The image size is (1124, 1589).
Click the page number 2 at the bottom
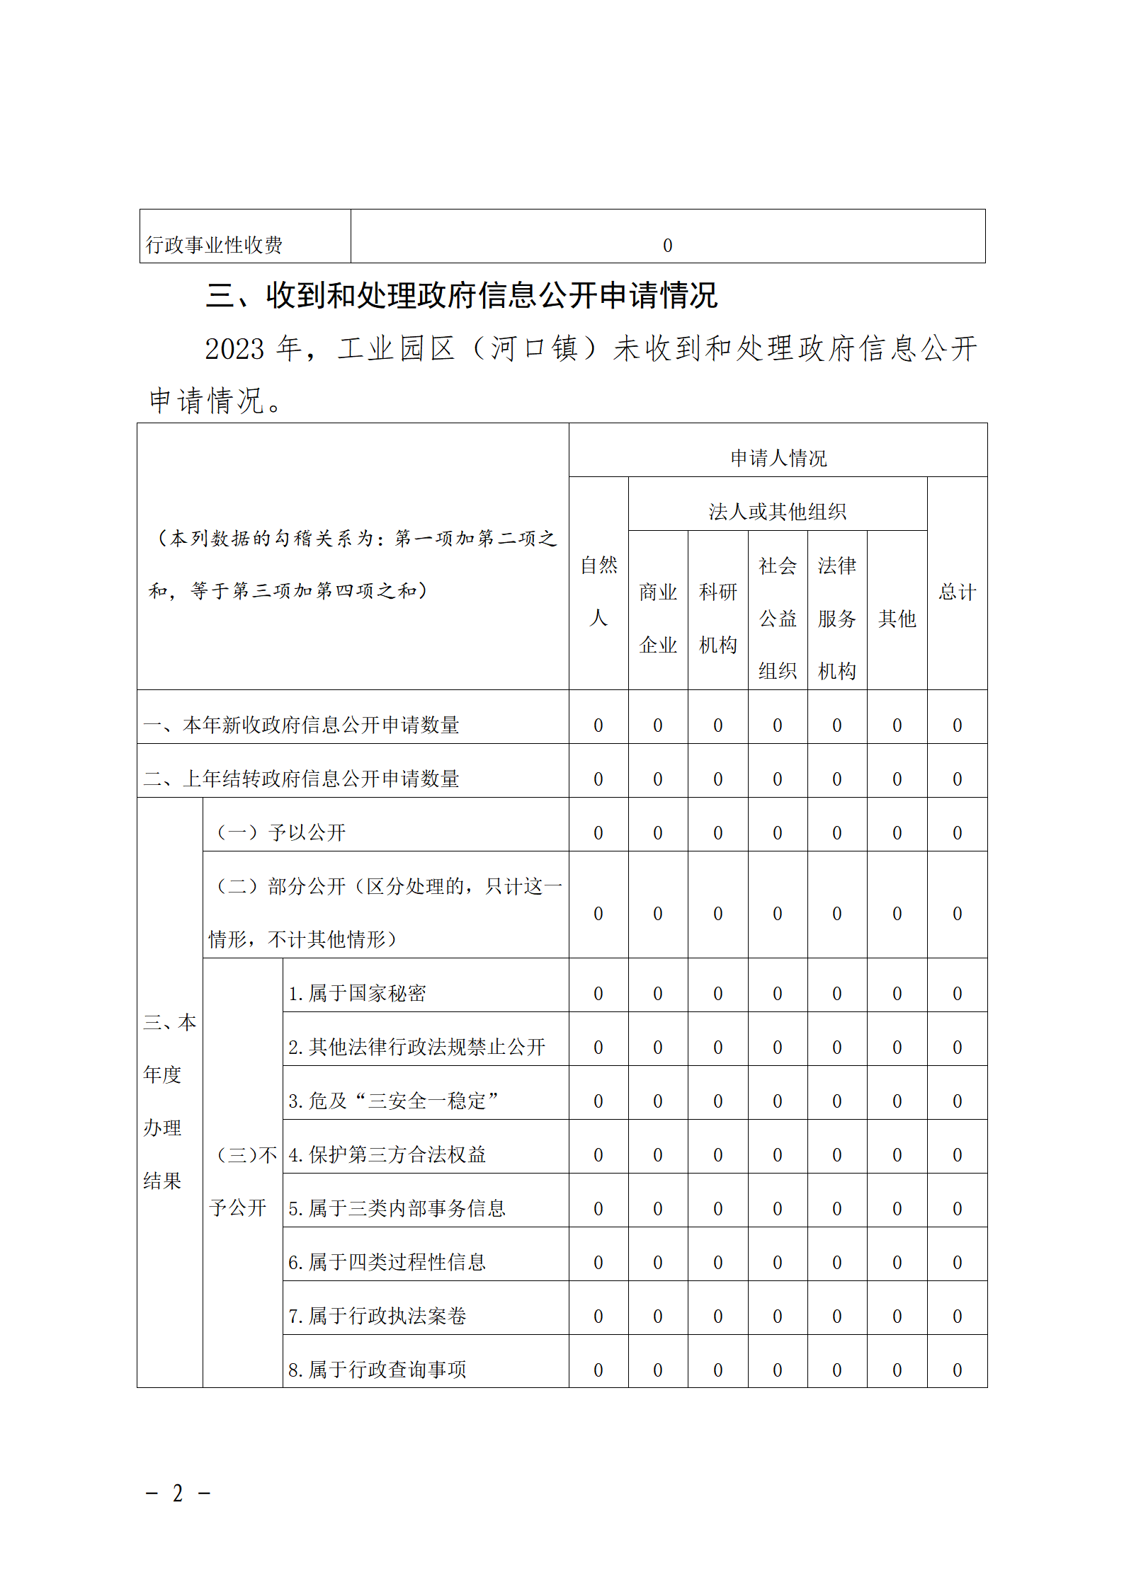point(178,1493)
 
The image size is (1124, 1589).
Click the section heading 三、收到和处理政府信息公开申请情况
point(461,295)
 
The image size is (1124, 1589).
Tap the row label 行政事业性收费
point(214,245)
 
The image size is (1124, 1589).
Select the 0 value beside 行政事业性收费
point(667,246)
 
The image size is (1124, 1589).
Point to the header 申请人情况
point(778,458)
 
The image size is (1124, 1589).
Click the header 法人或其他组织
point(777,511)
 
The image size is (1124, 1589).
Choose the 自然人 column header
point(598,591)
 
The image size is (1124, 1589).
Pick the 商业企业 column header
point(658,618)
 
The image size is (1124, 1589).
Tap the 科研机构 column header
point(717,618)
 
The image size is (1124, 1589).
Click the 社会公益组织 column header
point(777,618)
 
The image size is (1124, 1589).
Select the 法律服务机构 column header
point(836,618)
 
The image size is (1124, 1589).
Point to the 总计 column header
point(957,592)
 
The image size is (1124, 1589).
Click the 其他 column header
point(897,619)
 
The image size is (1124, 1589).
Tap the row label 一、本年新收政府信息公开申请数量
point(301,725)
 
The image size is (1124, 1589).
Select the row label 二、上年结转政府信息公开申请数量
point(301,779)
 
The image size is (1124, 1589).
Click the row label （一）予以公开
point(280,832)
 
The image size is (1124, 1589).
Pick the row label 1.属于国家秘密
point(357,993)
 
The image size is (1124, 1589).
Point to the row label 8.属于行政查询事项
point(377,1370)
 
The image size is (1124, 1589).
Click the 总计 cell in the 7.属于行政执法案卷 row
point(957,1316)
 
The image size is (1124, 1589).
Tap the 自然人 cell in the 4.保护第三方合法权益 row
point(598,1155)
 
